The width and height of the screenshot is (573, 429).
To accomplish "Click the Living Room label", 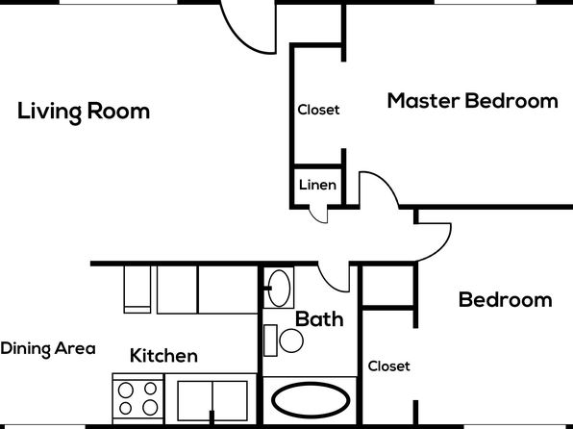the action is pyautogui.click(x=84, y=112).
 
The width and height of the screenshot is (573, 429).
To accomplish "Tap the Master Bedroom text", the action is pyautogui.click(x=472, y=101).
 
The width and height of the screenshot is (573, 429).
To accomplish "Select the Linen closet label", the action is pyautogui.click(x=317, y=185).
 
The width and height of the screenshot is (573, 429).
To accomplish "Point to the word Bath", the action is pyautogui.click(x=319, y=319).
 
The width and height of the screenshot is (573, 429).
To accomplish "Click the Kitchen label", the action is pyautogui.click(x=163, y=356).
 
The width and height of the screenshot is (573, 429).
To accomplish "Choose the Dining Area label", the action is pyautogui.click(x=48, y=348).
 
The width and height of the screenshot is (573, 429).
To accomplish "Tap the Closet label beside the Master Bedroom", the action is pyautogui.click(x=318, y=110).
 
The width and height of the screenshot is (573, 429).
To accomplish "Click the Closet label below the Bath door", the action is pyautogui.click(x=388, y=366).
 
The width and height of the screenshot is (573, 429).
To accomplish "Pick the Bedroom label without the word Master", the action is pyautogui.click(x=505, y=300).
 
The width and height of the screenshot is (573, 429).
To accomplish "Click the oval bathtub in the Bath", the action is pyautogui.click(x=311, y=400).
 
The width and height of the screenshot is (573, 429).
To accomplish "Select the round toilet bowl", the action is pyautogui.click(x=291, y=341).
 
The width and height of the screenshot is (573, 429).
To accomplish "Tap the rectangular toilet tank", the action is pyautogui.click(x=270, y=341).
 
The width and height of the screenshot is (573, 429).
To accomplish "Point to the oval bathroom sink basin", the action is pyautogui.click(x=279, y=289).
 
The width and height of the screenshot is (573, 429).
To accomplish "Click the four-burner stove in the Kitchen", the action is pyautogui.click(x=138, y=398).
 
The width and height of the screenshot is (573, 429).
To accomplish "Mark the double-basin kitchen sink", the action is pyautogui.click(x=212, y=401).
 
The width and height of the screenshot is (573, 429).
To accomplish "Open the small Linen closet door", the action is pyautogui.click(x=319, y=216).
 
